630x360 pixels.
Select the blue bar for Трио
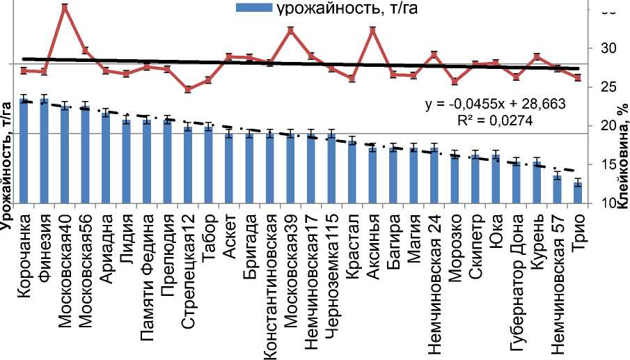coord(578,193)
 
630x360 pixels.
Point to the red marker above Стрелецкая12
coord(187,89)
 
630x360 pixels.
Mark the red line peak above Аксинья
coord(372,30)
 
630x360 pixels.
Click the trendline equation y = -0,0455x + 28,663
coord(494,103)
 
